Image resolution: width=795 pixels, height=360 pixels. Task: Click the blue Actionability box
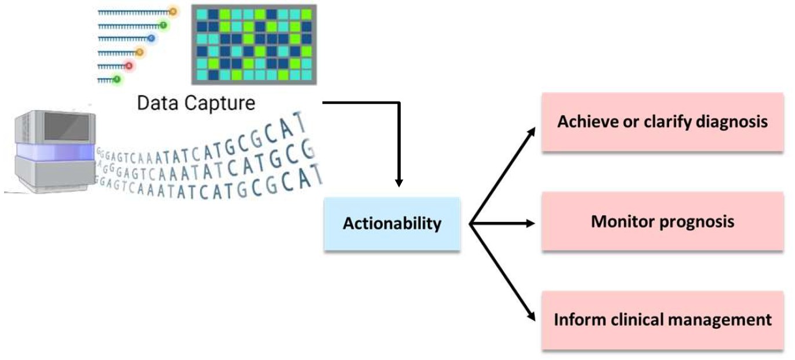click(x=392, y=224)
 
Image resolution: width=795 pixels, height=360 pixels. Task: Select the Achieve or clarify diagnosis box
click(x=662, y=122)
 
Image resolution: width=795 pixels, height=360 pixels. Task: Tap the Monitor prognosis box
click(x=662, y=221)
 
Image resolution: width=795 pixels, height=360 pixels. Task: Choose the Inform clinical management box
click(x=662, y=320)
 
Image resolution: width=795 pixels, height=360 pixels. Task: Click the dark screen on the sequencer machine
click(x=66, y=127)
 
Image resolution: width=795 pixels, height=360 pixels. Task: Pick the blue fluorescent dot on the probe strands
click(x=151, y=38)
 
